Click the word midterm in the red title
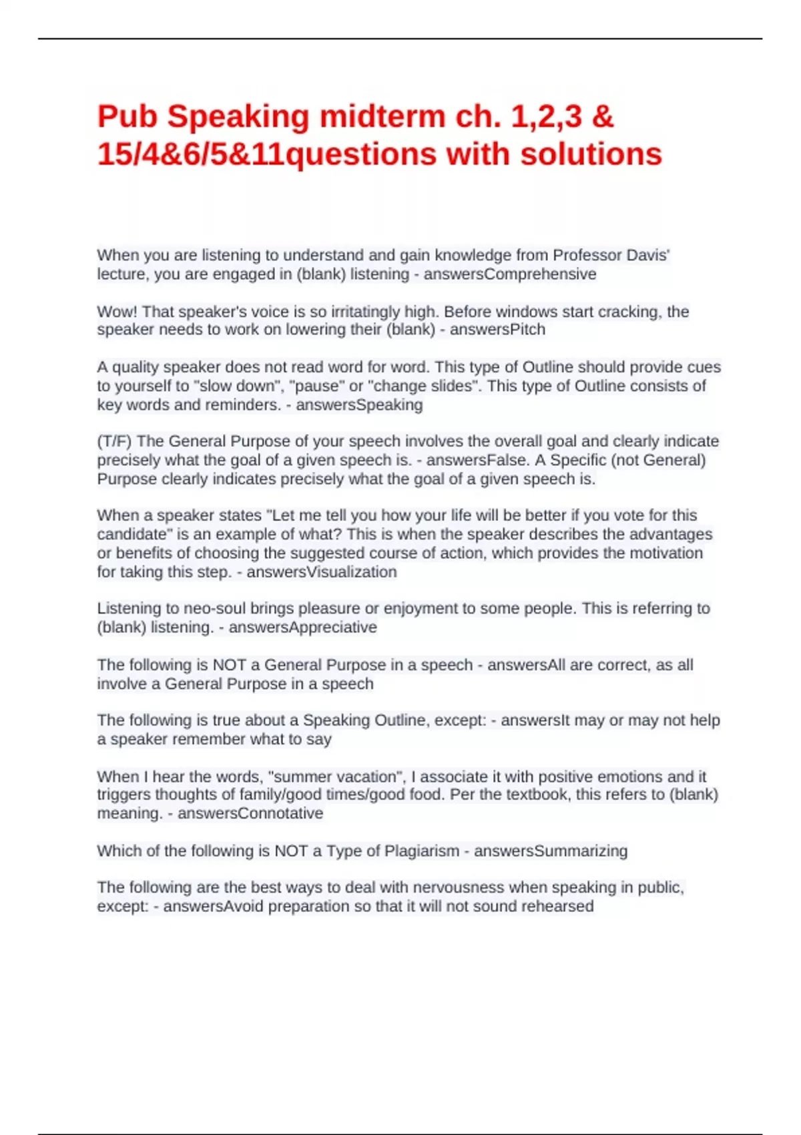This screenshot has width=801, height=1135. coord(382,117)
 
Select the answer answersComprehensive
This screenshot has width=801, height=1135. coord(510,274)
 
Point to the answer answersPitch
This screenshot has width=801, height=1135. coord(497,330)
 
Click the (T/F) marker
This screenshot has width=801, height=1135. coord(114,441)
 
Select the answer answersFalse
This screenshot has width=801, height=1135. coord(477,460)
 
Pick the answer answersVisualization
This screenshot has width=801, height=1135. coord(322,572)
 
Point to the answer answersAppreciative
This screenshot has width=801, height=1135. coord(302,628)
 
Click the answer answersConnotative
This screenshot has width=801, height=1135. coord(250,813)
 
